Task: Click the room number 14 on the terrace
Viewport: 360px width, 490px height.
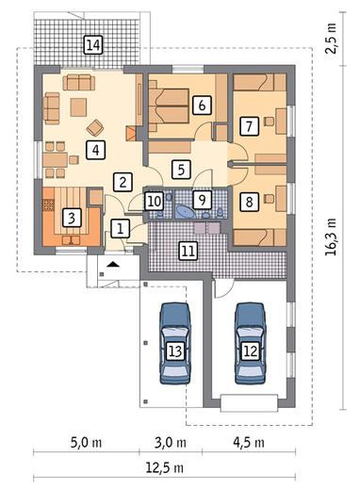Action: coord(93,45)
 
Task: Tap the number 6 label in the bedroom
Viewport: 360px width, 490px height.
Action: coord(202,105)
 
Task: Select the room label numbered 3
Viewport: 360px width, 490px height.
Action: coord(72,218)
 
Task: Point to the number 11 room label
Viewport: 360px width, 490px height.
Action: coord(188,251)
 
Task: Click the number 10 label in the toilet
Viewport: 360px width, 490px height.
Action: coord(154,201)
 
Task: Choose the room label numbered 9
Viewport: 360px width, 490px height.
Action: coord(202,200)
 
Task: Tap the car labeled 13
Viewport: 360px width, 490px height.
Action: coord(175,343)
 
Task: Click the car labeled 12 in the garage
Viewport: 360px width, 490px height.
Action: coord(251,343)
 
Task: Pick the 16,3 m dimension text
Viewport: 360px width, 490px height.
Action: coord(331,237)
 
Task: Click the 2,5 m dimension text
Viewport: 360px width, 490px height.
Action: coord(331,39)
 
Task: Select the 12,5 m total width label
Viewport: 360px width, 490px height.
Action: coord(164,468)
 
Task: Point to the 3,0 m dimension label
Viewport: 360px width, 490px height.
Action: coord(171,443)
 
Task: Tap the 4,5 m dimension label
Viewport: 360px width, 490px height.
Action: coord(249,443)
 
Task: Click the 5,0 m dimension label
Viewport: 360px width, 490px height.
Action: coord(86,443)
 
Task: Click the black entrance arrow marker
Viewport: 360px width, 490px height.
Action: coord(113,265)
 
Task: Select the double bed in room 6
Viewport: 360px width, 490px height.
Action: coord(169,106)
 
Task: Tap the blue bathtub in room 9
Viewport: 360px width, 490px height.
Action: coord(185,212)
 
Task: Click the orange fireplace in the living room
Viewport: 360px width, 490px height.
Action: coord(131,134)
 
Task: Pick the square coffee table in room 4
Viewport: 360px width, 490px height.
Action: coord(78,107)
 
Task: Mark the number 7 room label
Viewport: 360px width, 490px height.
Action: coord(249,126)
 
